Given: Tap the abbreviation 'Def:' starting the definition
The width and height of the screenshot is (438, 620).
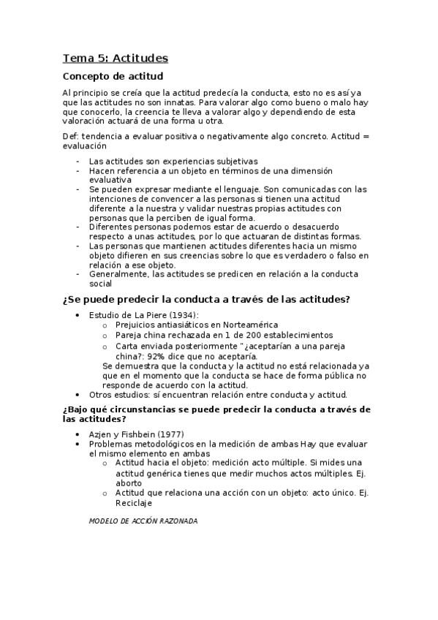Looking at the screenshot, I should (x=72, y=136).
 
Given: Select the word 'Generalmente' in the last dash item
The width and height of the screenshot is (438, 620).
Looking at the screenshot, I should (x=118, y=274).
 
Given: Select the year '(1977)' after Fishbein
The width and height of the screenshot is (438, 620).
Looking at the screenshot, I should (x=170, y=434).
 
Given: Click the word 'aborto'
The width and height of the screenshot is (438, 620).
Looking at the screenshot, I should (x=128, y=483).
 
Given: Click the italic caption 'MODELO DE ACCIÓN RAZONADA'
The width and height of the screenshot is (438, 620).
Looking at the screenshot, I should (x=143, y=521).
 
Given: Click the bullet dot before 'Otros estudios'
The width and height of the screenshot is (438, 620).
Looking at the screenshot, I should (x=79, y=395).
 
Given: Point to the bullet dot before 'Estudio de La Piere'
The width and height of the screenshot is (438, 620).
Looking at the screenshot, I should (x=79, y=315).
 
